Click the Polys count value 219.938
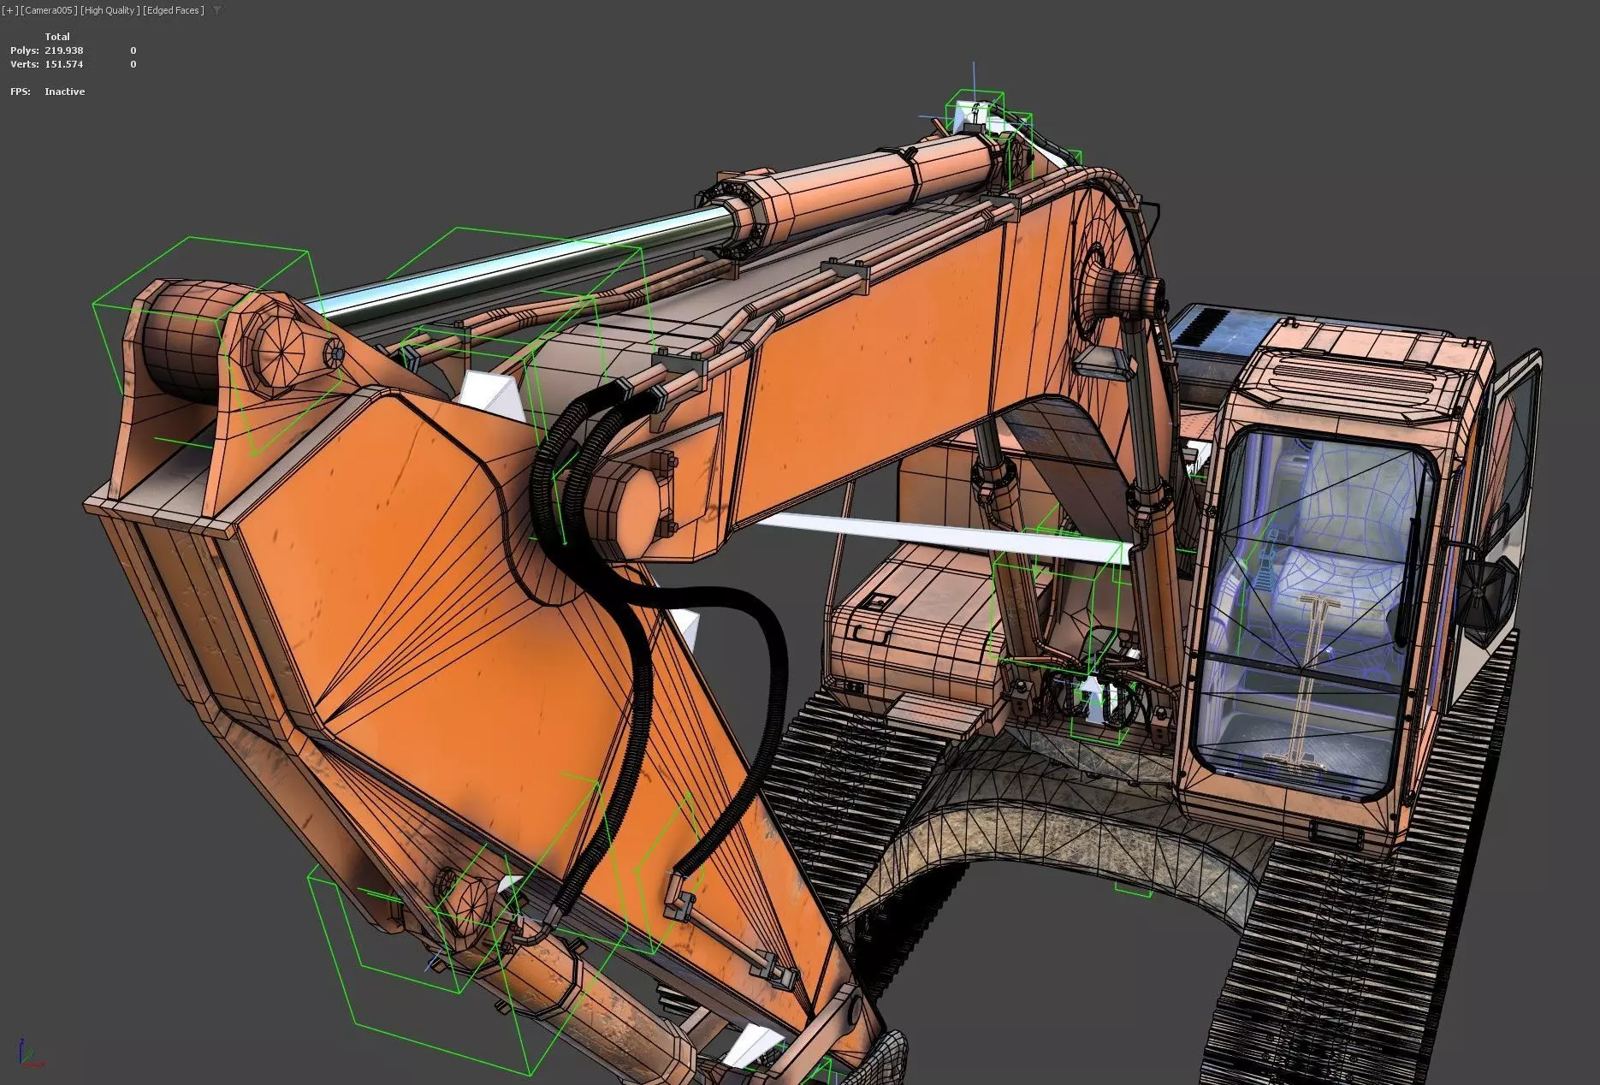(64, 50)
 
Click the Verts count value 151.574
(64, 64)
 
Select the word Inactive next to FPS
(65, 92)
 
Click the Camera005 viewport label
(48, 10)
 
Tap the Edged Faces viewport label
(175, 10)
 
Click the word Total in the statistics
(57, 37)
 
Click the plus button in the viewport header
(8, 10)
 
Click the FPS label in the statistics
(20, 92)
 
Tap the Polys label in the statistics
(24, 50)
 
